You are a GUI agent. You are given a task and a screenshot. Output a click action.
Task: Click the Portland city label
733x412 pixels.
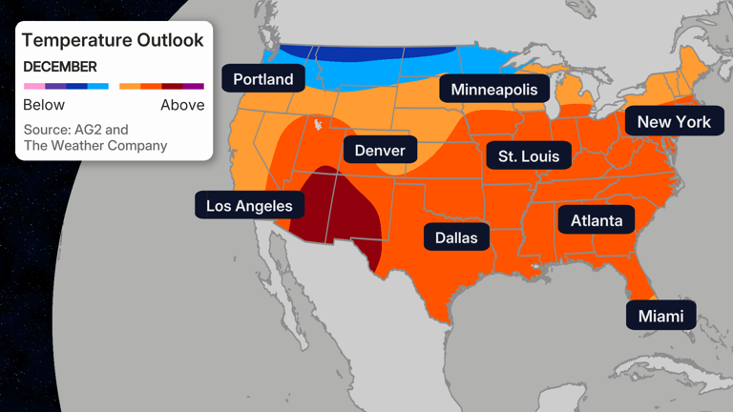tap(263, 78)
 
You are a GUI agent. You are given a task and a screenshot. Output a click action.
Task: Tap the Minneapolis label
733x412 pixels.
tap(494, 90)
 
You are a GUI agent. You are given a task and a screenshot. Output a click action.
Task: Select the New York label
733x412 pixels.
tap(674, 121)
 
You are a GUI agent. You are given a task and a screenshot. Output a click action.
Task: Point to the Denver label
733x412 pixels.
tap(380, 150)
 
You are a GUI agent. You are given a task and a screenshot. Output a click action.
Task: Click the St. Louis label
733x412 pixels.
tap(528, 155)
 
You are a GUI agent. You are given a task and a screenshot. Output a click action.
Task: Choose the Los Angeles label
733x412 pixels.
tap(250, 205)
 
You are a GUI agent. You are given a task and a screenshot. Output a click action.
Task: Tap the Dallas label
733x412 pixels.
tap(456, 236)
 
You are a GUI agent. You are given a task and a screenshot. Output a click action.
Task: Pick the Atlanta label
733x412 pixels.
tap(597, 220)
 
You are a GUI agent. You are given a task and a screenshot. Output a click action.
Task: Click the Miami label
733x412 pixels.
tap(661, 315)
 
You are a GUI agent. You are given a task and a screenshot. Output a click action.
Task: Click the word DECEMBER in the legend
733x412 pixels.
tap(60, 67)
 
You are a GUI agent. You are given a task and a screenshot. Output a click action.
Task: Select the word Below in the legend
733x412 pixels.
tap(44, 105)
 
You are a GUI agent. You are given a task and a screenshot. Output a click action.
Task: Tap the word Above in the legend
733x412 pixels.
tap(182, 105)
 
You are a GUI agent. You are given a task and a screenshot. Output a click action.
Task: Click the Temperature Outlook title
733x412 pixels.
tap(113, 40)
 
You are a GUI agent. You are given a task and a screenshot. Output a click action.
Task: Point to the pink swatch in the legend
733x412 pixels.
tap(33, 86)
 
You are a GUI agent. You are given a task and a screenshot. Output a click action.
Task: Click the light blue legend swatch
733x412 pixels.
tap(98, 86)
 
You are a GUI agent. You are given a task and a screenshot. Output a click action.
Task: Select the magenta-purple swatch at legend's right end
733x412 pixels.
tap(194, 86)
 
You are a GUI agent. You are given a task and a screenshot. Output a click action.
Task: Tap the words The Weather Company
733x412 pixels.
tap(94, 146)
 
